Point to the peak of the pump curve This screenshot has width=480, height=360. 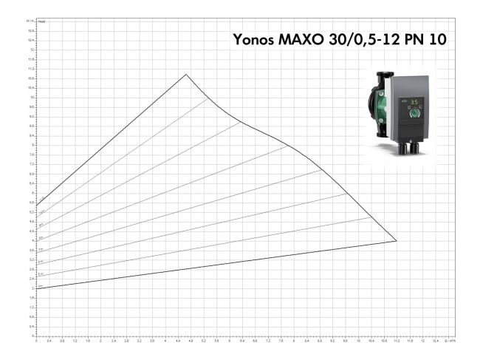pos(186,74)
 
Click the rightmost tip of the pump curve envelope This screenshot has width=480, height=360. pos(397,240)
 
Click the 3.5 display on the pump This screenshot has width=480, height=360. pos(414,103)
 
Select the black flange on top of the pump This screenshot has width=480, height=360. pos(384,77)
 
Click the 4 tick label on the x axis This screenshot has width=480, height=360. pos(165,342)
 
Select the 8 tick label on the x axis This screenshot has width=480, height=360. pos(294,342)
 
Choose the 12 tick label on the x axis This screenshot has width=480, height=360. pos(422,342)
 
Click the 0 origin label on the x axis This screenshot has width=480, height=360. pos(37,342)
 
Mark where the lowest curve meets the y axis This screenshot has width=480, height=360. pos(37,288)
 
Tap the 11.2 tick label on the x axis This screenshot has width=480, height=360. pos(397,342)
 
